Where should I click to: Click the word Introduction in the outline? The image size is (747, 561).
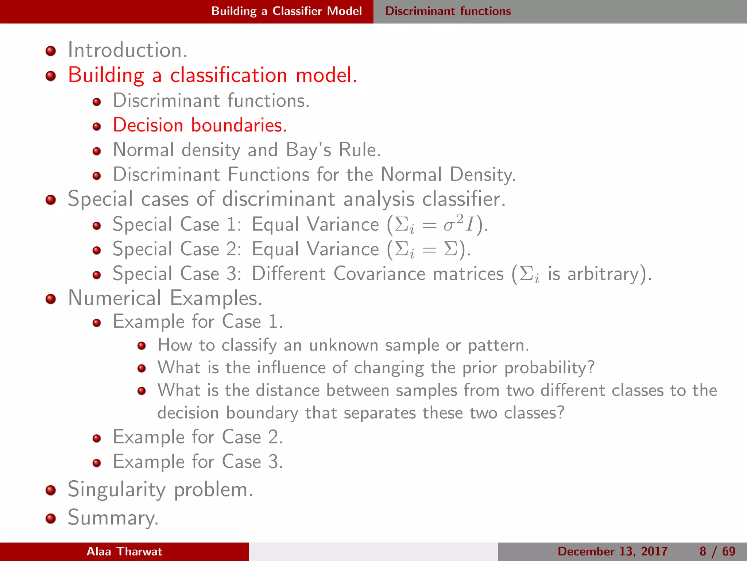point(128,50)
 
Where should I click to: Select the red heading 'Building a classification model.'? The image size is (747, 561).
point(213,75)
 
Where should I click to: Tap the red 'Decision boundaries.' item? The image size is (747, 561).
point(200,125)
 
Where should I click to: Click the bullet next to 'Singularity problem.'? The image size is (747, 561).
point(51,490)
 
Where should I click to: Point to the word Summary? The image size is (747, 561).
point(113,518)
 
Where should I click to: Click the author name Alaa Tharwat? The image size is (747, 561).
point(124,552)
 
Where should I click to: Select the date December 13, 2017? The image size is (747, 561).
point(612,552)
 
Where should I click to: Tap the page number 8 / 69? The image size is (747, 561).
point(717,552)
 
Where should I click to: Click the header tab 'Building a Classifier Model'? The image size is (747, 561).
point(286,11)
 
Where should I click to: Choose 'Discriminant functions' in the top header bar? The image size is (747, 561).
point(448,11)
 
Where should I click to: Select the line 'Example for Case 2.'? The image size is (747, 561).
point(198,437)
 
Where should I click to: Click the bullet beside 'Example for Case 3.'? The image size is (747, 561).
point(97,463)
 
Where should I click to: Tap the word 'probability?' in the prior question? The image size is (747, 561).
point(549,368)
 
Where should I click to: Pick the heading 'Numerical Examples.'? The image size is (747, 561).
point(165,298)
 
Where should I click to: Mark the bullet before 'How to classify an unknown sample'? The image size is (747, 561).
point(142,346)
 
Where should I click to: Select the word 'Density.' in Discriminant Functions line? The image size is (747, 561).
point(483,175)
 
